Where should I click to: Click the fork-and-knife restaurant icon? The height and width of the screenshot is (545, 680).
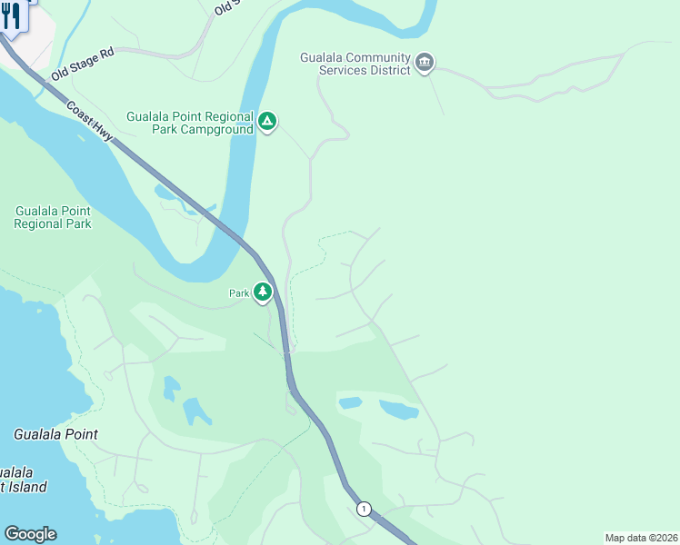(x=11, y=15)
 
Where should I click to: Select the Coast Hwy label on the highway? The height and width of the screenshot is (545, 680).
(x=89, y=119)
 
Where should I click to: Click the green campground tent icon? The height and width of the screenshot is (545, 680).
(x=266, y=121)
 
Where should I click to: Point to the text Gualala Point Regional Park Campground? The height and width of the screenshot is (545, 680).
(x=189, y=124)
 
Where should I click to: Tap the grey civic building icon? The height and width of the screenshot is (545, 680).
(x=425, y=63)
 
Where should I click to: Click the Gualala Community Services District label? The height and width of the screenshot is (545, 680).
(x=355, y=64)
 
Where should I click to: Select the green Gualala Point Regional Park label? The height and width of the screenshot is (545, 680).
(x=53, y=217)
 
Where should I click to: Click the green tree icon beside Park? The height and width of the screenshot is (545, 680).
(x=263, y=292)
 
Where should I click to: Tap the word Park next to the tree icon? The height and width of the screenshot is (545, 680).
(x=238, y=293)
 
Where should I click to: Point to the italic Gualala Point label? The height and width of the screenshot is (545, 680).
(x=55, y=434)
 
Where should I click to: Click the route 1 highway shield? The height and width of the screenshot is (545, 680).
(x=364, y=509)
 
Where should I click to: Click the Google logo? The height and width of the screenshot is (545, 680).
(x=30, y=534)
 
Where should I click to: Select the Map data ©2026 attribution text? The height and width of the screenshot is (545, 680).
(x=641, y=538)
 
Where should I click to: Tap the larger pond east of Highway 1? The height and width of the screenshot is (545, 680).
(x=399, y=410)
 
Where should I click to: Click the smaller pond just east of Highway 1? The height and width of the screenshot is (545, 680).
(x=350, y=402)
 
